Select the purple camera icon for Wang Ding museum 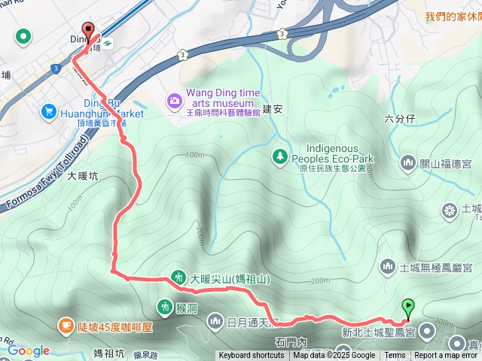pos(175,99)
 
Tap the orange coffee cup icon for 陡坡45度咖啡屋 pos(66,326)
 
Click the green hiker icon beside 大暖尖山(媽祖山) pos(178,277)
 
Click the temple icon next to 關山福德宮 pos(408,161)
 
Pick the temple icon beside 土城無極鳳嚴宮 pos(388,266)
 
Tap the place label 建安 pos(272,109)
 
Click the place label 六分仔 pos(399,118)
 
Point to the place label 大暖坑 pos(82,176)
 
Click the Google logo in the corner pos(28,350)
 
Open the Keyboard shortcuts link pos(252,356)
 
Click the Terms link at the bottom pos(395,356)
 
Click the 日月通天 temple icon pos(215,322)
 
